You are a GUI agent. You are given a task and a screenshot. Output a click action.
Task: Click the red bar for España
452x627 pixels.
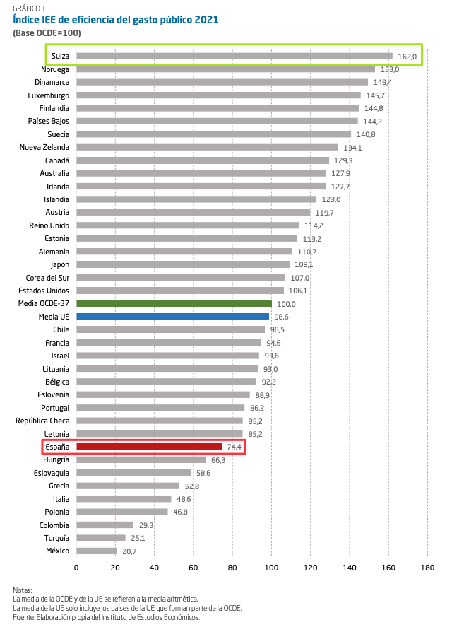coord(149,447)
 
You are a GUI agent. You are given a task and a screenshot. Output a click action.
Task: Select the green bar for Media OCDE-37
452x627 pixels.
coord(173,303)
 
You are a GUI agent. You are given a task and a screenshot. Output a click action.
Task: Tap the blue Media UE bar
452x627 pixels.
coord(172,317)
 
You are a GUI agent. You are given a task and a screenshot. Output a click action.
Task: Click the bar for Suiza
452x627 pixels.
coord(234,56)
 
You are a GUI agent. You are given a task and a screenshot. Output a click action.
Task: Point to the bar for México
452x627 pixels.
coord(96,551)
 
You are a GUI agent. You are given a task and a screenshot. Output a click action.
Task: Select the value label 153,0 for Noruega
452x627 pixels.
coord(390,69)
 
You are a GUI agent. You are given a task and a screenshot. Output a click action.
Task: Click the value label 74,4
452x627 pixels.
coord(233,447)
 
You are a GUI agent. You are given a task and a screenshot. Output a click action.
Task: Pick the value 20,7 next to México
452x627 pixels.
coord(129,551)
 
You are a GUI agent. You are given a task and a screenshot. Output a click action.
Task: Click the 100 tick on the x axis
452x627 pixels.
coord(271,567)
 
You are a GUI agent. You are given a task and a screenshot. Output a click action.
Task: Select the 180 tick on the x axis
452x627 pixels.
coord(427,567)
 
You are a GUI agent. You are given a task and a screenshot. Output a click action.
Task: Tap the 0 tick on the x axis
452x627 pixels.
coord(76,567)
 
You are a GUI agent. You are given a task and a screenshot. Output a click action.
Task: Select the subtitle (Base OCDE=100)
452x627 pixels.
coord(47,33)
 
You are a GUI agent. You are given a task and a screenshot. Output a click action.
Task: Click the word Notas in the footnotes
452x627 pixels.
coord(23,590)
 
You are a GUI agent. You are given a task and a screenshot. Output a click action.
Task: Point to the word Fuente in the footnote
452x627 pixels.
coord(23,616)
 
